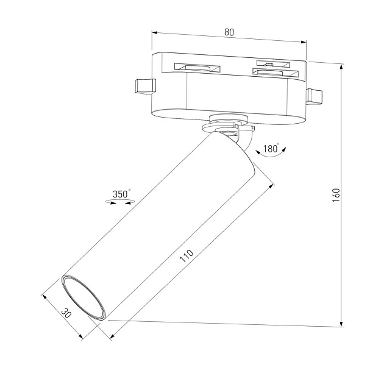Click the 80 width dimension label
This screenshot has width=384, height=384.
coord(229,33)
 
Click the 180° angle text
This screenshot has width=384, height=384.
coord(271,148)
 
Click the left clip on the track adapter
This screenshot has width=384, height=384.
coord(143,87)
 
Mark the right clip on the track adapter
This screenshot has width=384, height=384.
coord(315,96)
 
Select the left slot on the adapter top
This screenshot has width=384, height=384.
coord(196,68)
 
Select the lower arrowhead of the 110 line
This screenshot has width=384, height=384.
coord(112,337)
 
